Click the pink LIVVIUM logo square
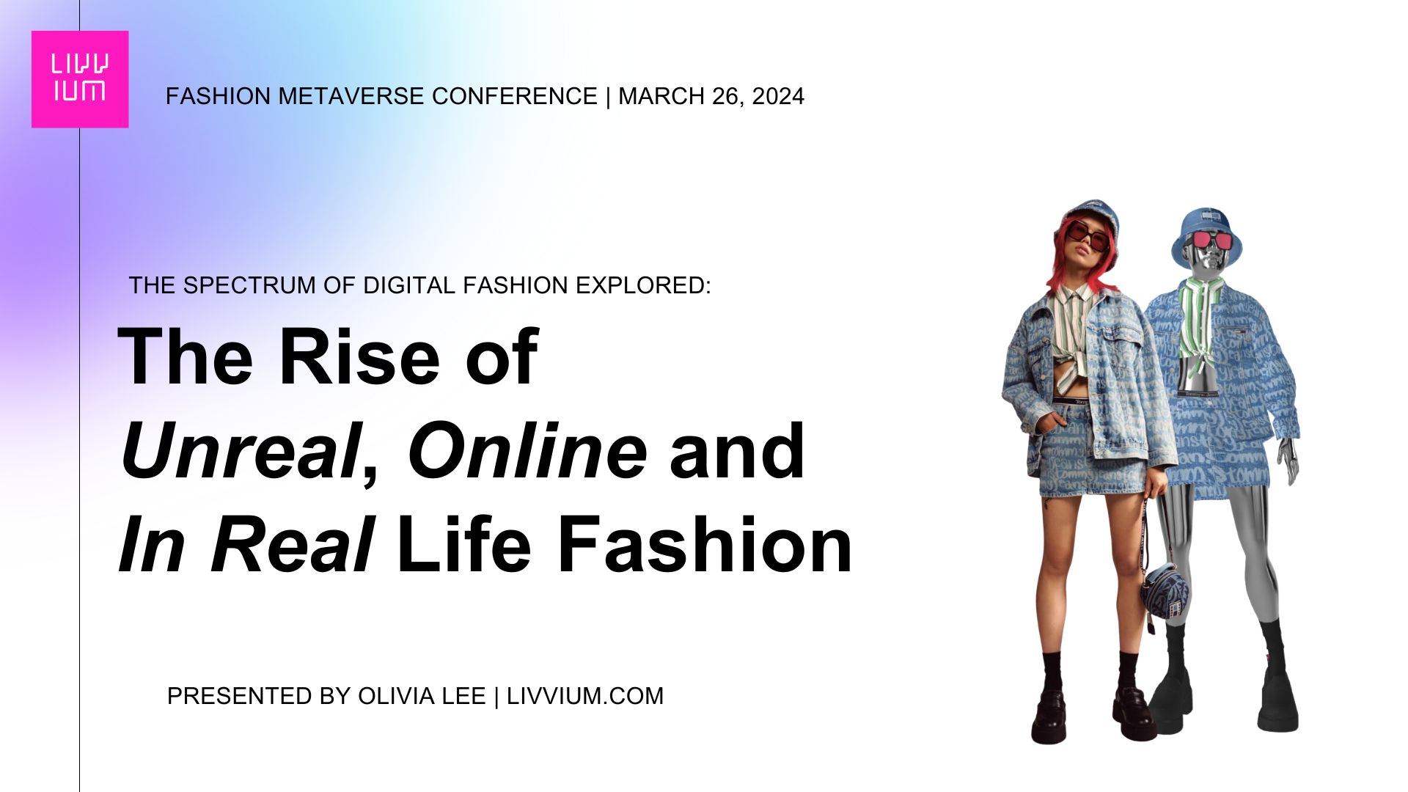click(x=80, y=79)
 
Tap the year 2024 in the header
click(x=778, y=96)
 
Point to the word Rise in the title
click(x=359, y=356)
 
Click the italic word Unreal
click(x=241, y=451)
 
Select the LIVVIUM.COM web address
click(x=585, y=696)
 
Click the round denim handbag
click(x=1165, y=590)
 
